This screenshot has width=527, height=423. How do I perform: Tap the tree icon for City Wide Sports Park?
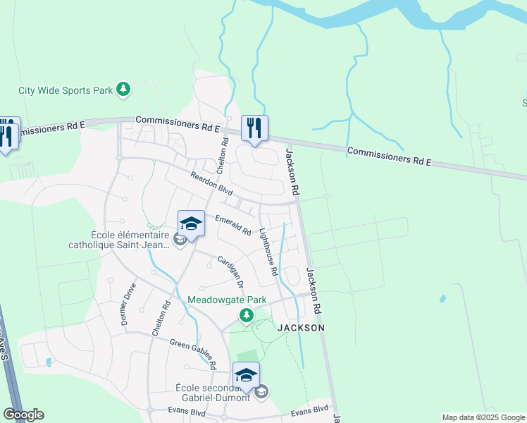(x=123, y=89)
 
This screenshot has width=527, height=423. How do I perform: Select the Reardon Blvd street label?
(x=211, y=182)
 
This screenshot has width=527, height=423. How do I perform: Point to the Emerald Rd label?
(x=233, y=224)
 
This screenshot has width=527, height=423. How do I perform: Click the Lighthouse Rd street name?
(x=268, y=252)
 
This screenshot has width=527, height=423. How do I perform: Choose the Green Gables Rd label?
(x=192, y=353)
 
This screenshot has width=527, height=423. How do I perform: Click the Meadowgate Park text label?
(x=227, y=300)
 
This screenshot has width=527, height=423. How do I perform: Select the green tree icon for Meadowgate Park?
(x=246, y=314)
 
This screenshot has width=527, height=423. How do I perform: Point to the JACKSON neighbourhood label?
(x=301, y=328)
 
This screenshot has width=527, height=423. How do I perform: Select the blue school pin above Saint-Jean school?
(x=191, y=224)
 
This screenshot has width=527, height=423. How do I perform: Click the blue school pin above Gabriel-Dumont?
(x=246, y=376)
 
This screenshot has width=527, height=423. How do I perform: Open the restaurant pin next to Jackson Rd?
(x=254, y=129)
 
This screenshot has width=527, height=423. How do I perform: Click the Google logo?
(x=23, y=415)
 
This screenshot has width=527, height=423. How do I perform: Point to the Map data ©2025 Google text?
(x=483, y=417)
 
